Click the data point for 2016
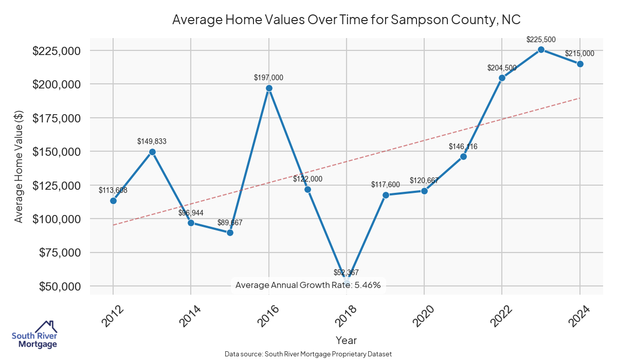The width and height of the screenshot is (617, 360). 269,88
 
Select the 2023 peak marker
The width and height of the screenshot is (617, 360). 541,49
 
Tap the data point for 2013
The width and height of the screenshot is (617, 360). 152,152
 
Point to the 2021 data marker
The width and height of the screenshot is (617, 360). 463,156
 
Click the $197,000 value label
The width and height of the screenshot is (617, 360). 268,78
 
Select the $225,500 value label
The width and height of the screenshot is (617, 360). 541,39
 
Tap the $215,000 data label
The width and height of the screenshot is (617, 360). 579,53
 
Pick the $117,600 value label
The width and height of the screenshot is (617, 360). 386,185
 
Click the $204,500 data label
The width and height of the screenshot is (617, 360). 502,68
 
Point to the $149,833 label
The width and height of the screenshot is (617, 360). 152,141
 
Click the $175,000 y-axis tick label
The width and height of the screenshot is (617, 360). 56,118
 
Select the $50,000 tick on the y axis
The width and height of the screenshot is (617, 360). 59,286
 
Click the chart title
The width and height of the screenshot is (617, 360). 347,20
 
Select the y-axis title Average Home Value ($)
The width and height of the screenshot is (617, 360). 19,169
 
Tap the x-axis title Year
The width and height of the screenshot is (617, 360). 346,340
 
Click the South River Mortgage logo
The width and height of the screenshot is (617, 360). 34,335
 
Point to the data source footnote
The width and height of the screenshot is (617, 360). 308,354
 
